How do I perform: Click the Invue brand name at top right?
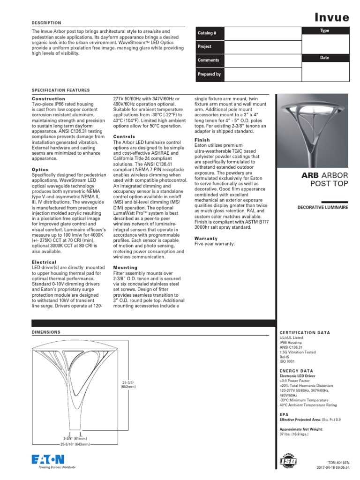[331, 18]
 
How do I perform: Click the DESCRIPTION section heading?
[46, 22]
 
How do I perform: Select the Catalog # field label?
[207, 34]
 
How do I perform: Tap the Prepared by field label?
[209, 74]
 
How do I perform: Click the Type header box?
[325, 30]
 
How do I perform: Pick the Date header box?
[325, 58]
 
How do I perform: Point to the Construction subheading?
[48, 99]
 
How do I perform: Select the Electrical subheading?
[44, 262]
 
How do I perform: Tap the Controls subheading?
[124, 136]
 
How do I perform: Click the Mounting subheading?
[125, 267]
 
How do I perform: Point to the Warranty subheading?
[206, 239]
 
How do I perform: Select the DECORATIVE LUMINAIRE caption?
[323, 207]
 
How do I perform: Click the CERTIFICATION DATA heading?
[305, 332]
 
